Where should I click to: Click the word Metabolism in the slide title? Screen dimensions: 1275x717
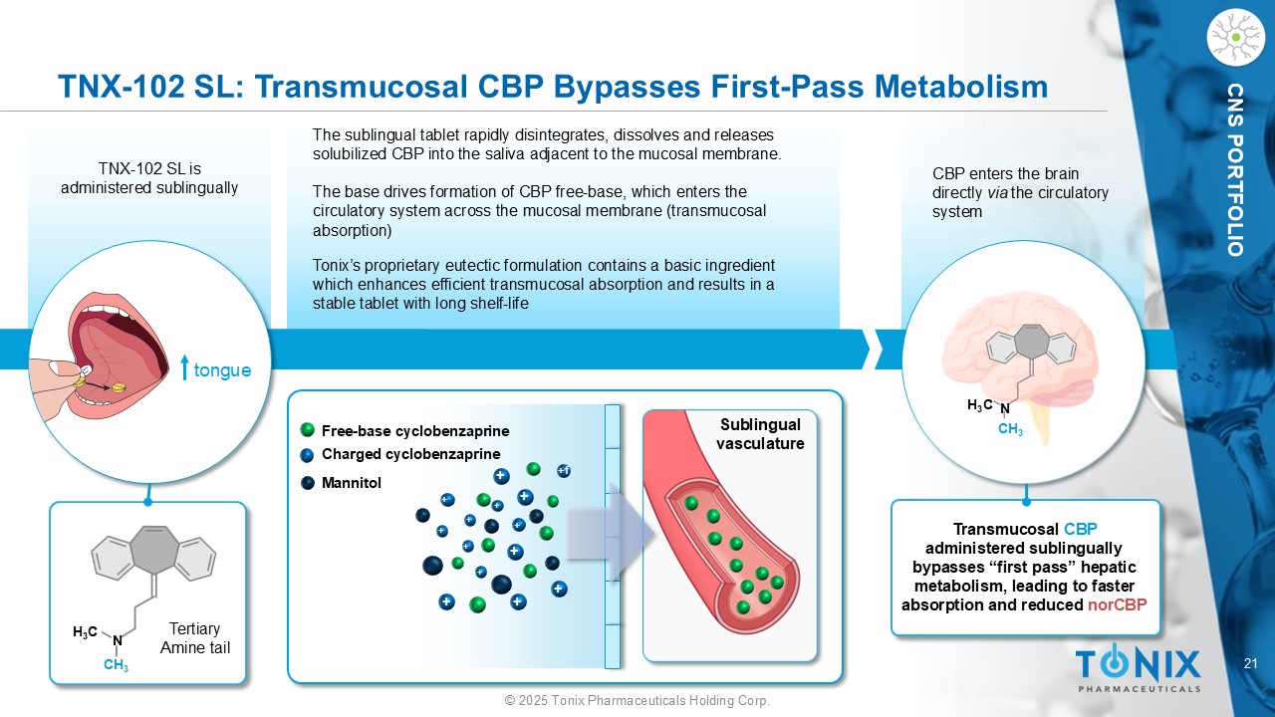coord(961,87)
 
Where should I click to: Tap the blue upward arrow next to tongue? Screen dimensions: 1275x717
coord(184,367)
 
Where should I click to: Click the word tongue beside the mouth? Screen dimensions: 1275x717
coord(222,370)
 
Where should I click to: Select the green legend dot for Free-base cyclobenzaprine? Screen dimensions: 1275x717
coord(308,429)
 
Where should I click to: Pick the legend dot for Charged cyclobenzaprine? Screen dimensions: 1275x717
coord(308,455)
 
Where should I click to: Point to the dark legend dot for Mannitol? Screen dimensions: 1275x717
coord(308,483)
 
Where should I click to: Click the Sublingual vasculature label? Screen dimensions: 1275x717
coord(760,434)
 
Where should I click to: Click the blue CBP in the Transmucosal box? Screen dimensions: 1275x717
coord(1081,529)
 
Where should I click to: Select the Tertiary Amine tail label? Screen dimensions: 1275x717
coord(195,638)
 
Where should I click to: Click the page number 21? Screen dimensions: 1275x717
coord(1250,663)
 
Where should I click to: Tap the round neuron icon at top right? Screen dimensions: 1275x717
coord(1235,38)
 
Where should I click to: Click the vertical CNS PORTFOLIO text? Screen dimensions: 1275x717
coord(1236,169)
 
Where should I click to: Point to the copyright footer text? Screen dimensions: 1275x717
coord(637,700)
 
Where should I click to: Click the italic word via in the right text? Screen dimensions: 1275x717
coord(997,193)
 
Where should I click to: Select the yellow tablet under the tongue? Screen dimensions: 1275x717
coord(118,387)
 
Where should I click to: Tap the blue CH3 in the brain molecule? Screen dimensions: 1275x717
coord(1010,429)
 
